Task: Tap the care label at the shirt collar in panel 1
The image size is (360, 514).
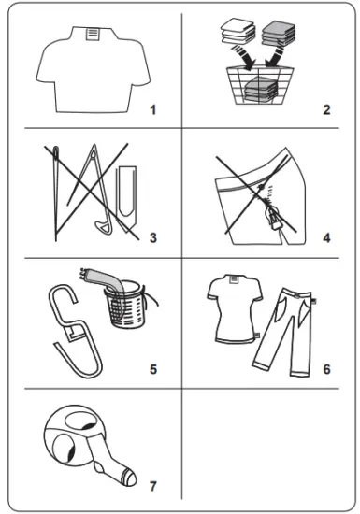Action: [x=92, y=33]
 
